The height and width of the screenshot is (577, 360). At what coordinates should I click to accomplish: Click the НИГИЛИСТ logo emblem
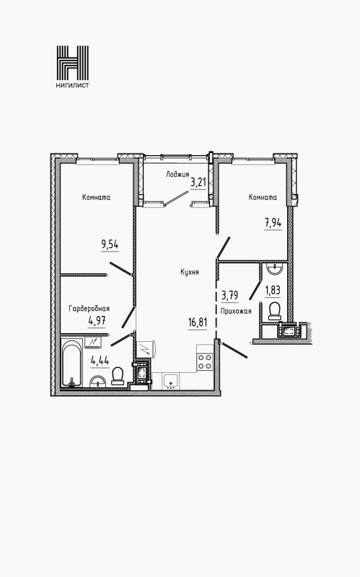[x=73, y=63]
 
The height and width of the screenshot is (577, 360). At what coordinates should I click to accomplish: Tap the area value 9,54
[x=110, y=245]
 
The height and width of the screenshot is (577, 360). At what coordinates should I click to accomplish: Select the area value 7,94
[x=273, y=223]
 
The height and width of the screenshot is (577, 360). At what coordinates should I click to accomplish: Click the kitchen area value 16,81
[x=198, y=322]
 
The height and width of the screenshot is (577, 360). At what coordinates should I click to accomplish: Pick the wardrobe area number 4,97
[x=97, y=321]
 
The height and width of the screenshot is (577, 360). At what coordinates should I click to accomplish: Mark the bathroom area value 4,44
[x=100, y=361]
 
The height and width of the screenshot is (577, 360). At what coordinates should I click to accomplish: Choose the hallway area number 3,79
[x=229, y=296]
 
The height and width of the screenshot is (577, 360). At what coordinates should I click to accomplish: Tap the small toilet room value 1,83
[x=273, y=291]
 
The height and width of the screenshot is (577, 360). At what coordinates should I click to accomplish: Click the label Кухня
[x=190, y=273]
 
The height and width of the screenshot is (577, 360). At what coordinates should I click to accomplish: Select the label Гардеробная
[x=89, y=309]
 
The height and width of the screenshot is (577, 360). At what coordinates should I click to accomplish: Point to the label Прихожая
[x=236, y=312]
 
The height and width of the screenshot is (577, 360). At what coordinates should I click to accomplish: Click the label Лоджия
[x=177, y=175]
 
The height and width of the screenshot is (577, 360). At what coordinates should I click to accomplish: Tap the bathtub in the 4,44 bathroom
[x=71, y=364]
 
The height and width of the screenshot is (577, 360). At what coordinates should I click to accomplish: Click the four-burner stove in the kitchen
[x=205, y=361]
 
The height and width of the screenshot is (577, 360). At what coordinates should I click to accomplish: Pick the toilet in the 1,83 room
[x=274, y=311]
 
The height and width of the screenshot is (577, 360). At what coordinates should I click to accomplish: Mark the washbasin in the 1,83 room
[x=274, y=270]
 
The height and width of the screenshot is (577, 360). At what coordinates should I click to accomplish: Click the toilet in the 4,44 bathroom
[x=118, y=376]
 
